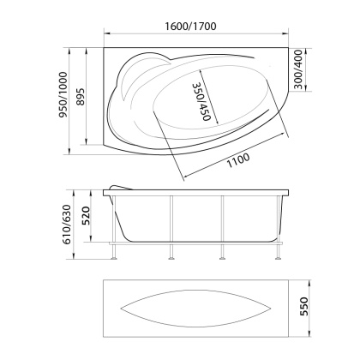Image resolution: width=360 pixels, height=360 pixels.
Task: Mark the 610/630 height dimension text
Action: click(63, 226)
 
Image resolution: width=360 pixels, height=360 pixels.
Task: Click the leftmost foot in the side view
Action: click(114, 255)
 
